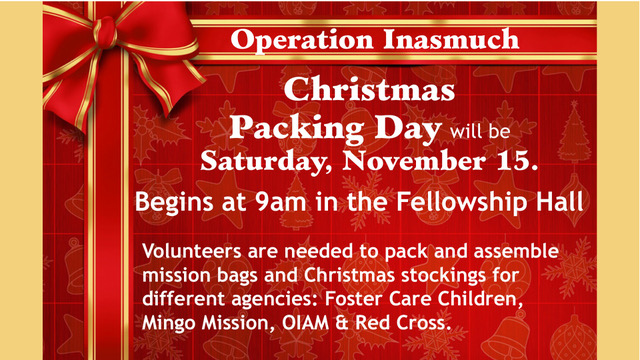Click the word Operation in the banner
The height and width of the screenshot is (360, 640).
(301, 41)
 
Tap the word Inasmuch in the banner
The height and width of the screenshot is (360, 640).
(451, 39)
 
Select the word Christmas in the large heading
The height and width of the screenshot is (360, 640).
(369, 89)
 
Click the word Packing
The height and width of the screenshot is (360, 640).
(297, 129)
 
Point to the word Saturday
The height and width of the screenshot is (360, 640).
(266, 162)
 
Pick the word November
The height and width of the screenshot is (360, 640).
(414, 160)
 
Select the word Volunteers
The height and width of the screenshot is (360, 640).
(192, 251)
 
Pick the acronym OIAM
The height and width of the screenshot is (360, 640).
(305, 323)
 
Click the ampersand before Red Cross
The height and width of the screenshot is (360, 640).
(342, 323)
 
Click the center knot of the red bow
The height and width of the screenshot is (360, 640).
(107, 31)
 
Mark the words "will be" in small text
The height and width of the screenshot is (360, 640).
(480, 131)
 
